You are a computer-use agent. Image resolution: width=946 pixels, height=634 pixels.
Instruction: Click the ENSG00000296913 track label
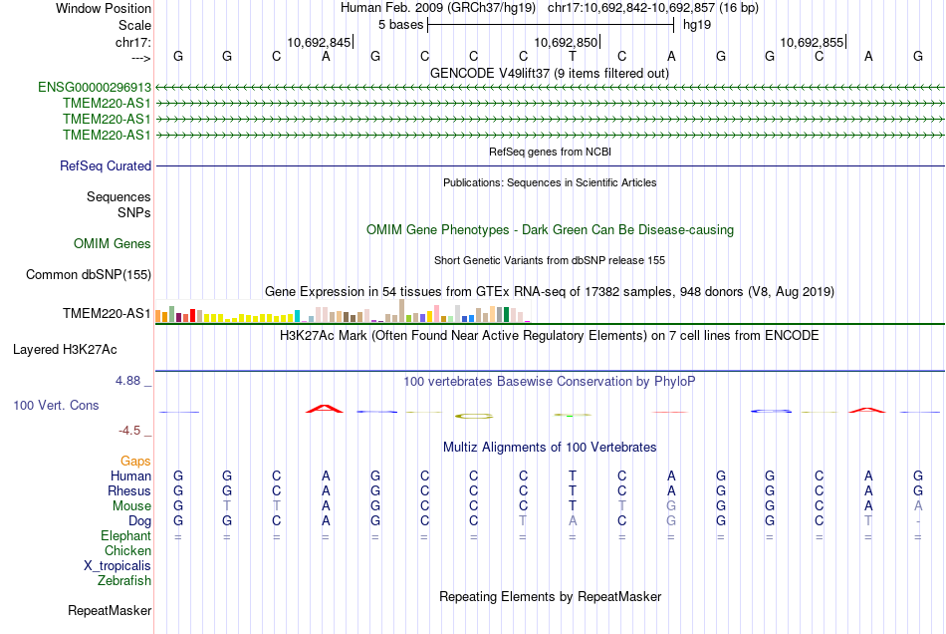(x=95, y=87)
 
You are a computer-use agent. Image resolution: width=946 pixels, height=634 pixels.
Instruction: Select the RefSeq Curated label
(x=106, y=166)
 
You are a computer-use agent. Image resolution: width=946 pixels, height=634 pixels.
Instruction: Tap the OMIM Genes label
(x=113, y=243)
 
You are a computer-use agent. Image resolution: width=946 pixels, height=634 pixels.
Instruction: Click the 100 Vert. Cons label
(x=57, y=406)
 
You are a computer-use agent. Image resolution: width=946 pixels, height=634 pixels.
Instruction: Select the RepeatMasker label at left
(x=110, y=610)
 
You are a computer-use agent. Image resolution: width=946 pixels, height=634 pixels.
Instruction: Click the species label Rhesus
(x=129, y=491)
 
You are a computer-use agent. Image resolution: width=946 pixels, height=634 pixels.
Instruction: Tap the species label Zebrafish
(x=124, y=580)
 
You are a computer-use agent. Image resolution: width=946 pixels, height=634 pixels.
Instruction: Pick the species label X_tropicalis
(x=118, y=565)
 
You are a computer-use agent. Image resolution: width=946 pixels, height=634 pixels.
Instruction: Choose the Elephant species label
(x=126, y=536)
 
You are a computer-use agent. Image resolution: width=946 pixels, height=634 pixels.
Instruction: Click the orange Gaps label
(x=135, y=461)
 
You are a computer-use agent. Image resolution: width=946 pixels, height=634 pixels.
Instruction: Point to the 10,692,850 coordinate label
(x=567, y=42)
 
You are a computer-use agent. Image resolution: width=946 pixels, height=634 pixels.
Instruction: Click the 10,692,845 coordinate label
(x=319, y=42)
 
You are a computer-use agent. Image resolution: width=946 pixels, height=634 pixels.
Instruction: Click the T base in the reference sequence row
(x=573, y=56)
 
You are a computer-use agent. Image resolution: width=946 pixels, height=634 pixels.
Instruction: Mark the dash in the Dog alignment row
(x=918, y=521)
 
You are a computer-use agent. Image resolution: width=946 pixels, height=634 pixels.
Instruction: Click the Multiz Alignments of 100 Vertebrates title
(x=550, y=447)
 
